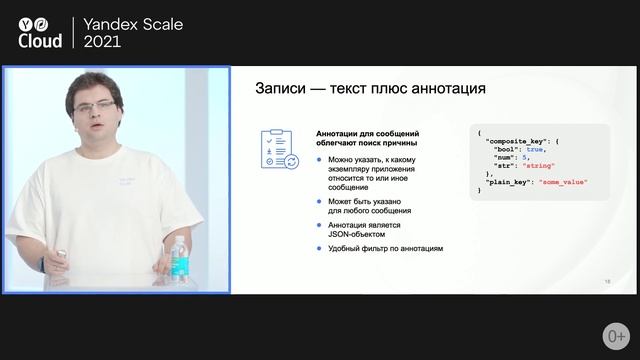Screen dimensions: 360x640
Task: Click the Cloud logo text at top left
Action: [41, 39]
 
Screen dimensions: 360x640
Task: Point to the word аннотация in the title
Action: [442, 90]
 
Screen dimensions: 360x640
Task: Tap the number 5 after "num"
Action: [524, 157]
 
